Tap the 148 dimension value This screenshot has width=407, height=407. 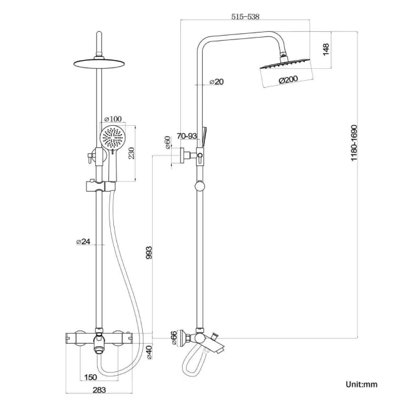326,49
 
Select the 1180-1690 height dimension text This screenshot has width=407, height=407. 354,143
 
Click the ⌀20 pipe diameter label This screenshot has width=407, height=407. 217,81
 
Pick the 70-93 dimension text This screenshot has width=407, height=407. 187,135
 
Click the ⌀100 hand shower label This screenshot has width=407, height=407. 113,119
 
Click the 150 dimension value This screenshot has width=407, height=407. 90,378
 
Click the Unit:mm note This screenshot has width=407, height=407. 361,384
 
